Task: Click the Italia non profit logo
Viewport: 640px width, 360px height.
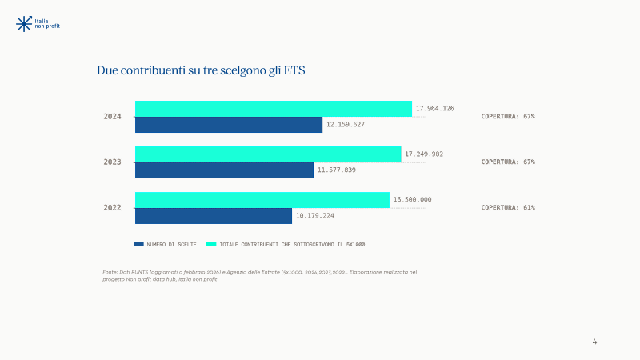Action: [x=38, y=24]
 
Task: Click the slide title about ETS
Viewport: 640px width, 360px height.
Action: [x=201, y=70]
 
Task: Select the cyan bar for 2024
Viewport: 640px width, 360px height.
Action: [x=274, y=109]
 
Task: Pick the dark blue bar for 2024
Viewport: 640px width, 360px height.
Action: [x=229, y=125]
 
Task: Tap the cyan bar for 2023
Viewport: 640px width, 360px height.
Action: [x=268, y=154]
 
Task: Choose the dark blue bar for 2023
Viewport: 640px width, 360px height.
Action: [x=224, y=170]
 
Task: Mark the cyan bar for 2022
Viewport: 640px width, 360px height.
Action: [x=262, y=200]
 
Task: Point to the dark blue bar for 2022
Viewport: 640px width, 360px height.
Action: [x=214, y=216]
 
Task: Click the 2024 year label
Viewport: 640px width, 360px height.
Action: [x=112, y=117]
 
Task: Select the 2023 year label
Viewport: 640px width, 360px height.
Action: [x=112, y=162]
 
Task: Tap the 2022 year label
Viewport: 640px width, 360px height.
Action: [x=112, y=208]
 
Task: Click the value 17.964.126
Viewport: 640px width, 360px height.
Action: [x=434, y=108]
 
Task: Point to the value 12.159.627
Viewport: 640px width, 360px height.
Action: [x=346, y=125]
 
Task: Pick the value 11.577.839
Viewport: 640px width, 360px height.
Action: [x=337, y=170]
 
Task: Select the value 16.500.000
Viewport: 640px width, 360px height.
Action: [x=412, y=199]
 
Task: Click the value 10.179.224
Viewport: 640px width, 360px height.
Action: [x=314, y=215]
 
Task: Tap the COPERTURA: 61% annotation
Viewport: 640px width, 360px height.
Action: [x=508, y=207]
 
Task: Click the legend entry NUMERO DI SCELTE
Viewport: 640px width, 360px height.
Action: [x=165, y=245]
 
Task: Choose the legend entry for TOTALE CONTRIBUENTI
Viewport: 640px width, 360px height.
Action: [x=286, y=245]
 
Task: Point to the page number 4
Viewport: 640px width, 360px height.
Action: [x=594, y=342]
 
